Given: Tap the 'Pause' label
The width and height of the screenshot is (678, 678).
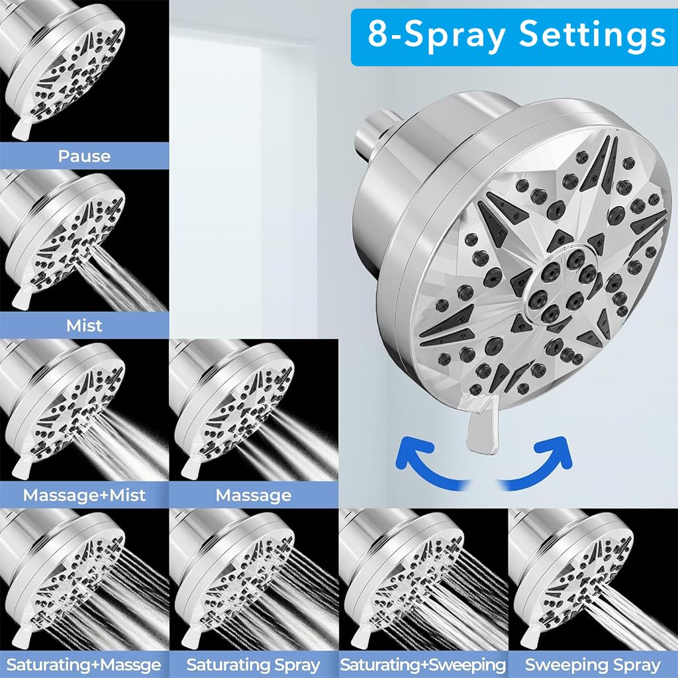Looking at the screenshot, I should (x=84, y=157).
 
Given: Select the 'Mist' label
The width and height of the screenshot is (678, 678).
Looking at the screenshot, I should (x=84, y=326).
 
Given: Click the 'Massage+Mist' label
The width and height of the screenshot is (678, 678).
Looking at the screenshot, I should (x=84, y=495).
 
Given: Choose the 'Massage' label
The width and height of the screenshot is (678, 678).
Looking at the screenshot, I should (x=254, y=495).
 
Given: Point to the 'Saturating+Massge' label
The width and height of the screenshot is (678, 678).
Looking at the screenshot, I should (x=84, y=665).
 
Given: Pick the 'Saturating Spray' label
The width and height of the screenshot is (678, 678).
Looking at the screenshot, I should (x=254, y=665).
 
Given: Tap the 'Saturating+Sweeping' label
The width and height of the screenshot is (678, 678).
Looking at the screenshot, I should (x=423, y=665).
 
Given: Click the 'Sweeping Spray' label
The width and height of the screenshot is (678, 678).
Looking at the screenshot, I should (x=593, y=665).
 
